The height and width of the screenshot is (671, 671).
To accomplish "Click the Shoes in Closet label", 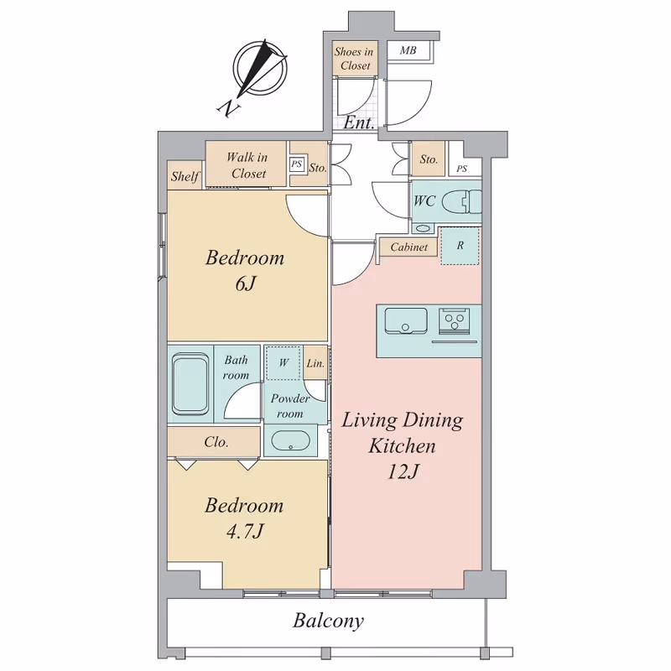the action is point(354,59).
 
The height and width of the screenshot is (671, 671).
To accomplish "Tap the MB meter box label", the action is point(408,50).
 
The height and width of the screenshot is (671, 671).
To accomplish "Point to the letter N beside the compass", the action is point(228,109).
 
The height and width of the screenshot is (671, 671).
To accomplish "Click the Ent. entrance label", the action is point(359,123).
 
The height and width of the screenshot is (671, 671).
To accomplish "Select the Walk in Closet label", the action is point(247,165).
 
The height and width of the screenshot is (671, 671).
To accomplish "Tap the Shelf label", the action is point(185,176).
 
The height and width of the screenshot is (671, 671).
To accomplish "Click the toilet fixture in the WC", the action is point(461,202).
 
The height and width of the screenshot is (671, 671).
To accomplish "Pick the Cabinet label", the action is point(409,247).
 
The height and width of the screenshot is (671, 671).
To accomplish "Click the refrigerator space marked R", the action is point(460,246).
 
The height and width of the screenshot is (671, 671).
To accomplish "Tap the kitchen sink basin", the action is point(406,320).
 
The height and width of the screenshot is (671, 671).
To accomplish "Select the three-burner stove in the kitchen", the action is point(454,321).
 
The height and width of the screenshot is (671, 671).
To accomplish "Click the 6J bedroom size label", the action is point(246,283).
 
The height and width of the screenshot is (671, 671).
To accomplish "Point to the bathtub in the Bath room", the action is point(190,384).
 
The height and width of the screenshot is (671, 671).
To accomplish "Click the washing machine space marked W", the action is point(283,363).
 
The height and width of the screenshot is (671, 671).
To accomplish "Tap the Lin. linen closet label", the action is point(315,364).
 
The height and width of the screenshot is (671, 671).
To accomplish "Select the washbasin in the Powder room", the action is point(290,441).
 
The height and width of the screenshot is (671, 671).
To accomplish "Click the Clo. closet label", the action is point(216,442).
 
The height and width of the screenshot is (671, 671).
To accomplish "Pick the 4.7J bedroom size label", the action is point(245,532).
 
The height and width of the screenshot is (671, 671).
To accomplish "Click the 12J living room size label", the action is point(403,472).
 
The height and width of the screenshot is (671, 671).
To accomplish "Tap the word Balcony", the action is point(328,621).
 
